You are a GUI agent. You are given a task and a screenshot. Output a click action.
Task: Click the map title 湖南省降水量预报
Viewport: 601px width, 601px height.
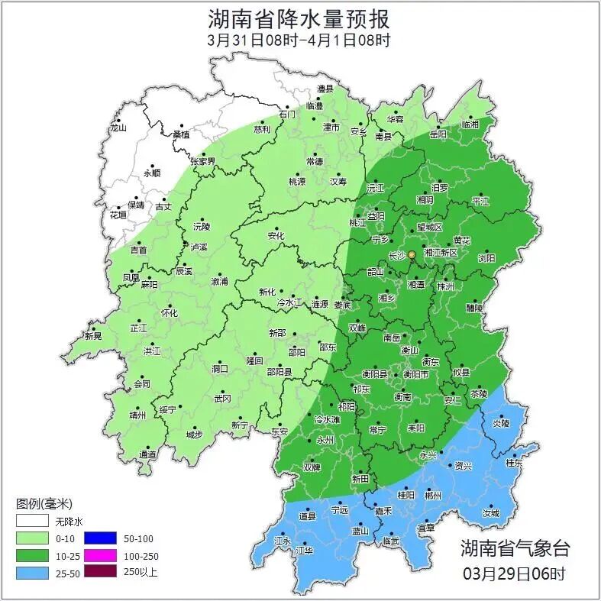[x=299, y=19]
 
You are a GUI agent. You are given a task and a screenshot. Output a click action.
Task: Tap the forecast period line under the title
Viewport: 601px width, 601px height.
[x=299, y=40]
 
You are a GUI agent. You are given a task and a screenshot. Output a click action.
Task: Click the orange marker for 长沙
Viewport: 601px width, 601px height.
[x=412, y=254]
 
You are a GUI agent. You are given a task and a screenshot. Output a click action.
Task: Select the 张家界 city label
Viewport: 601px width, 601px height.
[x=203, y=162]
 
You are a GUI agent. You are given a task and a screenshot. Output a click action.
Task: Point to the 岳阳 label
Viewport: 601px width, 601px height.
[x=438, y=134]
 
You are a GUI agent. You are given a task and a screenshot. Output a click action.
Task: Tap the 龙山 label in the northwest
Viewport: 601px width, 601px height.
[x=118, y=128]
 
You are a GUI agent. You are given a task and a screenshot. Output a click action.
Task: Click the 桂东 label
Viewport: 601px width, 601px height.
[x=515, y=463]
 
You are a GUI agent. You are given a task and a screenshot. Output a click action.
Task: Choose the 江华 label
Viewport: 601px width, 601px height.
[x=305, y=550]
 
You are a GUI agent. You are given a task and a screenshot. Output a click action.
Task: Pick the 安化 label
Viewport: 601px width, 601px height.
[x=276, y=236]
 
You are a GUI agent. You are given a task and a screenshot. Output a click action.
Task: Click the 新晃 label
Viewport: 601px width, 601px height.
[x=93, y=336]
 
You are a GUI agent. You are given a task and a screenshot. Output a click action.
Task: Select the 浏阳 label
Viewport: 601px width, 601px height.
[x=486, y=258]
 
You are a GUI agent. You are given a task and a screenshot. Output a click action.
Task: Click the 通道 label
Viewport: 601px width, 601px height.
[x=147, y=455]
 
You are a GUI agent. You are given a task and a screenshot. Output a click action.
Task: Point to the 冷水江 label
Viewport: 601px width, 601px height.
[x=289, y=303]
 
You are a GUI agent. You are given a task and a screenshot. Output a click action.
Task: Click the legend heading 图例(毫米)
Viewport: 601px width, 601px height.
[x=44, y=503]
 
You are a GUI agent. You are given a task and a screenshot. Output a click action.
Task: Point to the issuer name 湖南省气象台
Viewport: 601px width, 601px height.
[x=515, y=548]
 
